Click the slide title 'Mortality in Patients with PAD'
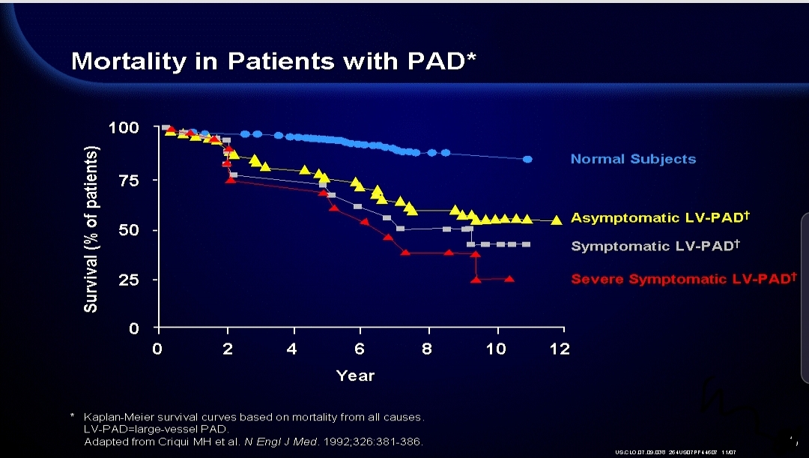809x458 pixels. (x=273, y=61)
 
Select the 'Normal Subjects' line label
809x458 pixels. (x=633, y=159)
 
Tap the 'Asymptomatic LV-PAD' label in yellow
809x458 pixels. (x=660, y=218)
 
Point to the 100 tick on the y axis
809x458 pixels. (x=124, y=127)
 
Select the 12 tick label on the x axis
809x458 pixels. (x=560, y=349)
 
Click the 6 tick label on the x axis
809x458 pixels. (x=360, y=349)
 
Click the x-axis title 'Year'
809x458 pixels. (x=356, y=376)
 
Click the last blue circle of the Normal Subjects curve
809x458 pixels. (x=527, y=159)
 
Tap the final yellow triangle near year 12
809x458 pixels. (x=557, y=220)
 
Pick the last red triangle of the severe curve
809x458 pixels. (x=509, y=279)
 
